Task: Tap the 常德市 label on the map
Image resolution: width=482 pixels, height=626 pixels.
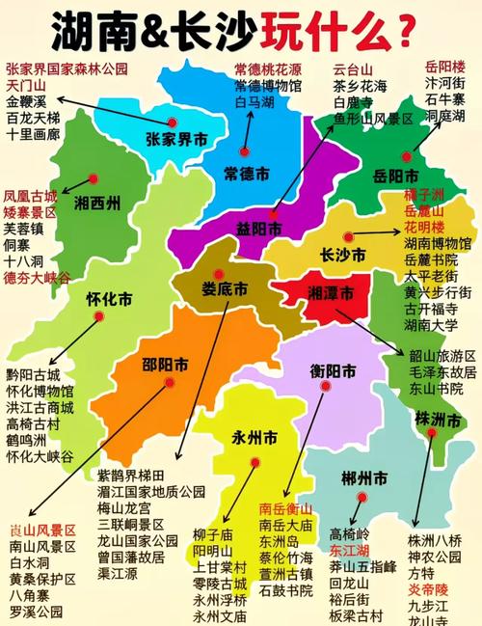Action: pyautogui.click(x=246, y=172)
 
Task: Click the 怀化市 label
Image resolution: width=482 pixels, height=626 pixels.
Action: pyautogui.click(x=109, y=300)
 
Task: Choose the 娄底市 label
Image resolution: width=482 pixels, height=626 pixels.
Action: pyautogui.click(x=225, y=288)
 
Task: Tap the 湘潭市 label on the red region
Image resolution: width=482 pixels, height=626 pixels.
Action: pyautogui.click(x=329, y=291)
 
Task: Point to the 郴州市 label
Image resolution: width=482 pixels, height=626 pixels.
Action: pyautogui.click(x=364, y=478)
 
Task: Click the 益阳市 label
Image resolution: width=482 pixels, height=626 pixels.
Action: pyautogui.click(x=260, y=230)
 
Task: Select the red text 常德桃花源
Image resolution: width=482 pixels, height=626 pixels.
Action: pyautogui.click(x=267, y=70)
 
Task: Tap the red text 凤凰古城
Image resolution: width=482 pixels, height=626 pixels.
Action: pyautogui.click(x=30, y=195)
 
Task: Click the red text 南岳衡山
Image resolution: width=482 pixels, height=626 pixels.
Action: pyautogui.click(x=286, y=508)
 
